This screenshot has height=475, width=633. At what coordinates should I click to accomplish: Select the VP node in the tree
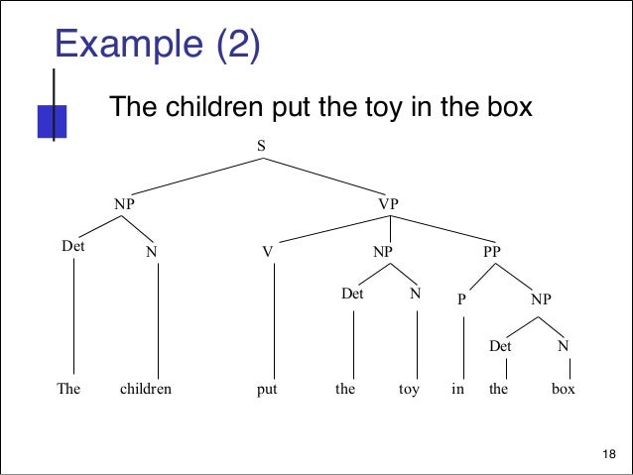pos(388,203)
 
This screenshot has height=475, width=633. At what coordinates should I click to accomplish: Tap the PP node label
pos(491,252)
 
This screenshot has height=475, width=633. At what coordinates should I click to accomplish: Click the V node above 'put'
pos(267,252)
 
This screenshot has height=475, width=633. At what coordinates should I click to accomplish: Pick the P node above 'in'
pos(462,297)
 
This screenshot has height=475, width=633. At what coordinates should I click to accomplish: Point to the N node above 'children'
pos(151,252)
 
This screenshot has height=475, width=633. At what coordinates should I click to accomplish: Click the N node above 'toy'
pos(416,294)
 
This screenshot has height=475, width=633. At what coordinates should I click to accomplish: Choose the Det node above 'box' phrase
pos(500,346)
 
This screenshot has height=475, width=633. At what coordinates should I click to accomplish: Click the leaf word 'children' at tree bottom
pos(146,390)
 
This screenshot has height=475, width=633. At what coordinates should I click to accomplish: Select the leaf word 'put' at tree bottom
pos(267,390)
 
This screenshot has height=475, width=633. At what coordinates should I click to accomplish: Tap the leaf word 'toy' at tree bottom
pos(409,390)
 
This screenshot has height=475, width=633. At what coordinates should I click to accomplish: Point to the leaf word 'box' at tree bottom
pos(564,390)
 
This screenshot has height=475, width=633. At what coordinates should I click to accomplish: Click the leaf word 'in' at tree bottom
pos(457,390)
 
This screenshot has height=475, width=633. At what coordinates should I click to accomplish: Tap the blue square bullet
pos(51,120)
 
